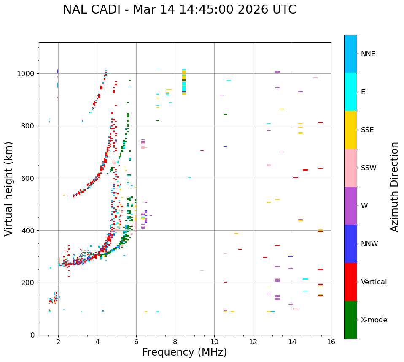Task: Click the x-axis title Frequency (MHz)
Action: (x=184, y=352)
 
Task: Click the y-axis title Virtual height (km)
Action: (x=9, y=188)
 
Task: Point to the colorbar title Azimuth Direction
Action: (x=394, y=187)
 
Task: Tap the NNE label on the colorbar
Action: (x=368, y=54)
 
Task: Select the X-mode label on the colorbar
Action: (x=374, y=320)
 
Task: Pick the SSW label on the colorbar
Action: (x=369, y=168)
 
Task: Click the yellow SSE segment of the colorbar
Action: (x=350, y=130)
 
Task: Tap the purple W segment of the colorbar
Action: (x=350, y=206)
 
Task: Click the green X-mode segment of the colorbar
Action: (x=350, y=320)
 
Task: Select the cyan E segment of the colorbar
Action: (x=350, y=92)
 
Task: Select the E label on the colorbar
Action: (x=363, y=92)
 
